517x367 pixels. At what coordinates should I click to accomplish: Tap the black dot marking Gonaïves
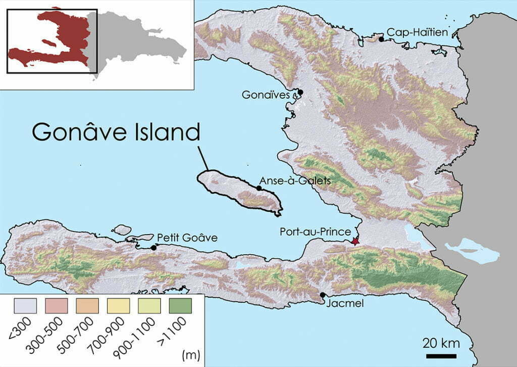[x=300, y=92]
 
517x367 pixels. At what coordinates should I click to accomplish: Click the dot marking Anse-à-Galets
[x=259, y=188]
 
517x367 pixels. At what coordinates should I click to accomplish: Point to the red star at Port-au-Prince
[x=356, y=242]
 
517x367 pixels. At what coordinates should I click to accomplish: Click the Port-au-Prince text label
[x=316, y=232]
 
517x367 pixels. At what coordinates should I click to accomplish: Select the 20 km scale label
[x=441, y=344]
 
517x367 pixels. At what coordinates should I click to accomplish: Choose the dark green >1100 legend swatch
[x=177, y=306]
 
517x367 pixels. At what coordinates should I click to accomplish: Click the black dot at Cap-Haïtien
[x=382, y=39]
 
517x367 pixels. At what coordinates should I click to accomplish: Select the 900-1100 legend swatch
[x=147, y=306]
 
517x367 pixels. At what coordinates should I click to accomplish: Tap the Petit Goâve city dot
[x=153, y=248]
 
